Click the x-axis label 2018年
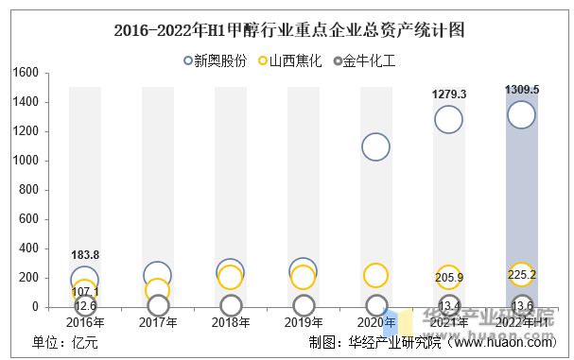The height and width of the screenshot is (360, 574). [231, 322]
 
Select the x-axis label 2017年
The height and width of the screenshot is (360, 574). [158, 322]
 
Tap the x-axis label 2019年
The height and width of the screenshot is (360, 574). [303, 322]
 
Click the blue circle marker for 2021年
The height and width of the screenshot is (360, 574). [448, 120]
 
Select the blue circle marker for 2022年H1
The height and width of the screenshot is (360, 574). [521, 115]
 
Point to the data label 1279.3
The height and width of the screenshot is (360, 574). [448, 94]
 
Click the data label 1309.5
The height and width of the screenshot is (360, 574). [521, 90]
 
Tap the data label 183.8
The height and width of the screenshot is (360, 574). [85, 255]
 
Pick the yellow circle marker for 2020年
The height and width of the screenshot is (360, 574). [375, 275]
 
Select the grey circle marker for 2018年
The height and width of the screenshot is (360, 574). [231, 305]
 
